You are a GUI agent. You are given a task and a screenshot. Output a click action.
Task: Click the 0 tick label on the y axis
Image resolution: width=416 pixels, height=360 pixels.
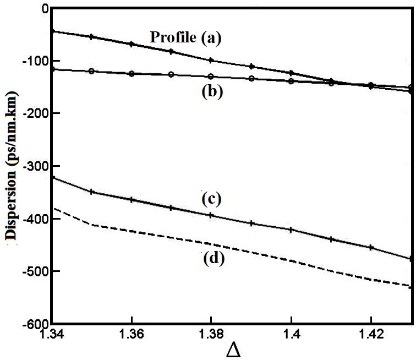click(45, 8)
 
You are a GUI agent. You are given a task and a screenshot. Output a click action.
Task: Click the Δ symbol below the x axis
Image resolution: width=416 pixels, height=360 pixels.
click(233, 350)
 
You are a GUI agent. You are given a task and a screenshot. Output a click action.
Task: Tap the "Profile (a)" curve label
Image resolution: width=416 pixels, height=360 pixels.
click(185, 37)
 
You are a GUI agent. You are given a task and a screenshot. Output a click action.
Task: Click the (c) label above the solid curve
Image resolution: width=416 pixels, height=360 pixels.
click(211, 199)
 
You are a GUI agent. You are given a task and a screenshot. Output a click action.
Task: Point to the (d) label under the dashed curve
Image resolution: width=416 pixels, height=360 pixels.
click(211, 258)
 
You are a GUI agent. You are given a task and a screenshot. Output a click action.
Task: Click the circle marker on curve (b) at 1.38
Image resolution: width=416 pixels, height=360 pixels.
click(211, 77)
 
